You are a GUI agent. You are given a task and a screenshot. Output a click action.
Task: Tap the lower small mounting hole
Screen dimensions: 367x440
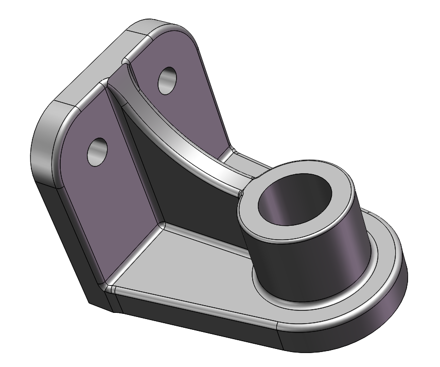click(98, 151)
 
